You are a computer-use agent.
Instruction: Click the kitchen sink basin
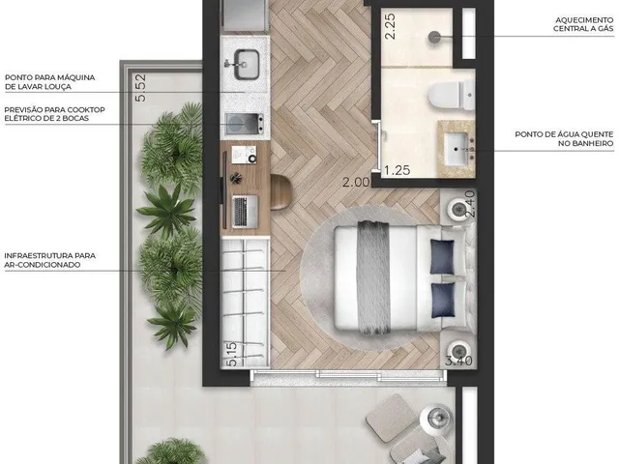click(x=248, y=65)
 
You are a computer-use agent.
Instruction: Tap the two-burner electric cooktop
click(x=245, y=124)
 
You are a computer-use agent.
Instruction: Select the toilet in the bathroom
click(x=452, y=95)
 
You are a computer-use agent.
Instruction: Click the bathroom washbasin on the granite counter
click(x=457, y=149)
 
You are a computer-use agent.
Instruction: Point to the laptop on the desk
click(x=245, y=212)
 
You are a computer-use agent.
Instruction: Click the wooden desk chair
click(x=280, y=192)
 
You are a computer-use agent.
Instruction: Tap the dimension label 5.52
click(x=140, y=88)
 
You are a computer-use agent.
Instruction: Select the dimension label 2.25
click(x=390, y=26)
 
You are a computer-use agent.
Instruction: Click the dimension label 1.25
click(x=398, y=170)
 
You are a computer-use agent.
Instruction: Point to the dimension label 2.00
click(x=356, y=183)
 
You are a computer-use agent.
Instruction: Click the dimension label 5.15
click(x=232, y=354)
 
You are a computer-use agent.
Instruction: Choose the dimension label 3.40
click(x=458, y=361)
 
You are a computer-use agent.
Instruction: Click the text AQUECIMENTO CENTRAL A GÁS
click(x=583, y=24)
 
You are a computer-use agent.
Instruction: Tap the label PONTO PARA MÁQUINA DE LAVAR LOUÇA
click(x=49, y=82)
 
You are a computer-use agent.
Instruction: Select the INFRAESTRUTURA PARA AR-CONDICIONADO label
click(x=49, y=260)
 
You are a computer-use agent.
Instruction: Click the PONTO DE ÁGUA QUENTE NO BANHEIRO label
click(x=564, y=139)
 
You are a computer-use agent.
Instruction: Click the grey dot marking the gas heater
click(x=434, y=37)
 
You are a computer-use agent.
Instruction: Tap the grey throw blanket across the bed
click(x=373, y=277)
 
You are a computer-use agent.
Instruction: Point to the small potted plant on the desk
click(x=236, y=178)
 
